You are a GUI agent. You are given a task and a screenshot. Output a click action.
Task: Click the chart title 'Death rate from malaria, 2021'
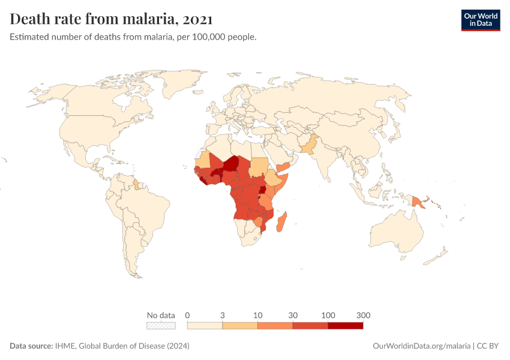pos(110,19)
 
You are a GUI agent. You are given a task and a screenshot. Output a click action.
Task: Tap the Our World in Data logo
pos(480,20)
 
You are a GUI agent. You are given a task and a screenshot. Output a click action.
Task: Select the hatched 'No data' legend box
pos(161,325)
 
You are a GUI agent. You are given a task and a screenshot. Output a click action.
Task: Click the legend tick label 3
pos(223,315)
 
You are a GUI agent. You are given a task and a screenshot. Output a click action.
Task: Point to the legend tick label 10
pos(257,315)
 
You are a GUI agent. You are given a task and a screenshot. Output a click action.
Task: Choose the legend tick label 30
pos(293,315)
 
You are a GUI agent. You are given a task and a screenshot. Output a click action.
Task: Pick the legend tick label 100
pos(328,315)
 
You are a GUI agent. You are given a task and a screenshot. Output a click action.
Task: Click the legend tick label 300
pos(363,315)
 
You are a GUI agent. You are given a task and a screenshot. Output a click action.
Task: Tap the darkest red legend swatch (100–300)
pos(346,325)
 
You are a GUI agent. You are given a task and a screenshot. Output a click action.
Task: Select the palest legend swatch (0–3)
pos(205,325)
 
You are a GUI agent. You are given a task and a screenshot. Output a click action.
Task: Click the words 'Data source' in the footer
pos(31,346)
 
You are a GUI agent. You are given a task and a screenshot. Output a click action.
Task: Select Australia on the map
pos(399,231)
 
